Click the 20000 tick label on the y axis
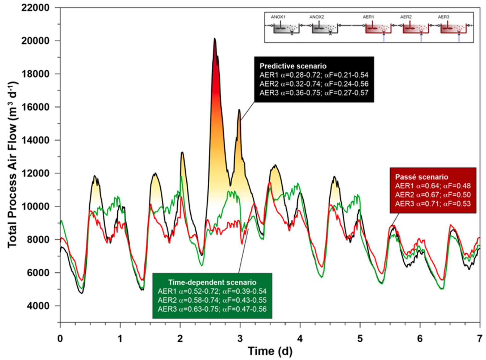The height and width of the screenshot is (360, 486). tap(35, 41)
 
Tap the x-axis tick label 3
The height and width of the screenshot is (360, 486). tap(240, 339)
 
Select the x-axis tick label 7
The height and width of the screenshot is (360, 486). tap(479, 339)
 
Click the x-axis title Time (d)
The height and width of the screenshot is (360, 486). tap(270, 351)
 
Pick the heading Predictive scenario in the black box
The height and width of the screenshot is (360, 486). tap(293, 66)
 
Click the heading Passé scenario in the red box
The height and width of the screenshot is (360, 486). tap(422, 177)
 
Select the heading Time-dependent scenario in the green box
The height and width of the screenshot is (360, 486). tap(212, 282)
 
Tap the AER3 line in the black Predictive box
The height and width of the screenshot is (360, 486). tap(314, 93)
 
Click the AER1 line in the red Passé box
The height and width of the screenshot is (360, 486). tap(433, 186)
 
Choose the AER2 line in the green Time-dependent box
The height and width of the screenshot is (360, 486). tap(212, 300)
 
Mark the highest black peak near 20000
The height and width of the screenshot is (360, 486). tap(215, 39)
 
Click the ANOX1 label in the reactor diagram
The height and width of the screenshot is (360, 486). tap(278, 17)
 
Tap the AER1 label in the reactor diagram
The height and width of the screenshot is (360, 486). tap(368, 17)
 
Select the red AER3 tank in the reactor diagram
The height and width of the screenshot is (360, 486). tap(453, 29)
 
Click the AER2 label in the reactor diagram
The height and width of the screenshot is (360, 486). tap(406, 17)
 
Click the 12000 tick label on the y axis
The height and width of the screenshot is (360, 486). tap(35, 173)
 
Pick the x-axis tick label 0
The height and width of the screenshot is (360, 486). tap(60, 339)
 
